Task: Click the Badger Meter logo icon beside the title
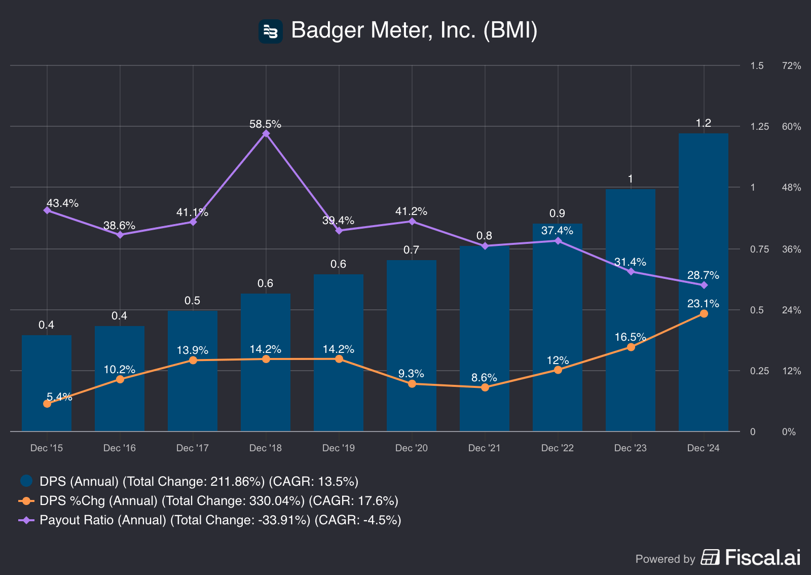[270, 31]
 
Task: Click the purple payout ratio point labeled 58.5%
[266, 134]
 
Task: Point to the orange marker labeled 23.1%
[704, 314]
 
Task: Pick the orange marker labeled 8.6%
[485, 387]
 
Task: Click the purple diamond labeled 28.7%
[704, 285]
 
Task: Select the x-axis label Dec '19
[339, 448]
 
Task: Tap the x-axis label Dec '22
[558, 448]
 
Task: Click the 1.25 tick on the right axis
[759, 127]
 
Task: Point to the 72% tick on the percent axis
[791, 66]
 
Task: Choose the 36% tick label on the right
[791, 249]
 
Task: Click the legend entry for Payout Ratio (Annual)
[220, 520]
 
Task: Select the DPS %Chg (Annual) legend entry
[218, 501]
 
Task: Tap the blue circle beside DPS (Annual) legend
[26, 481]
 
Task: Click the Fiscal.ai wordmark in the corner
[762, 558]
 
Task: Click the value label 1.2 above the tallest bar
[704, 123]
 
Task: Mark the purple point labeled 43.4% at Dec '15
[47, 210]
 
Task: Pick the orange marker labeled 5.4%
[47, 404]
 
